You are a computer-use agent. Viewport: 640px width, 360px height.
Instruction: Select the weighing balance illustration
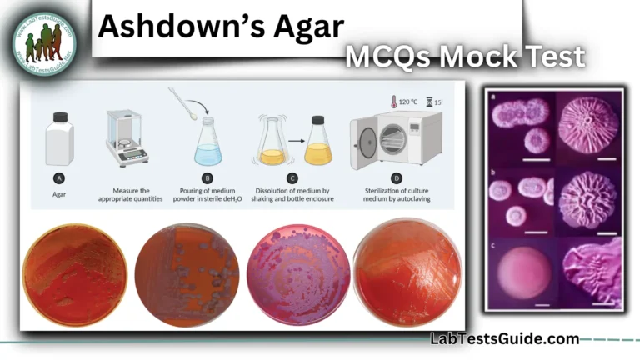[127, 138]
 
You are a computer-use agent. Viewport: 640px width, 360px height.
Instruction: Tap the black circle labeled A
[59, 177]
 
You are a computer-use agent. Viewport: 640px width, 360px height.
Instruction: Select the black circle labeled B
[206, 177]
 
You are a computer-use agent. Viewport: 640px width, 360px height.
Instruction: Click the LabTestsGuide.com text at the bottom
[504, 338]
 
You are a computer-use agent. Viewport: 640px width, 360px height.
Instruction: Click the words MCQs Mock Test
[465, 57]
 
